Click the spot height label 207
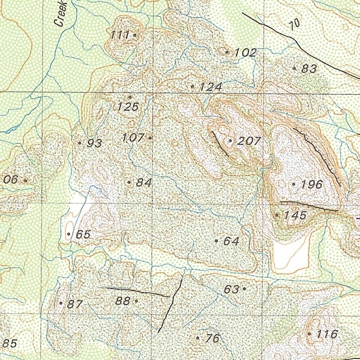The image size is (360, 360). [249, 141]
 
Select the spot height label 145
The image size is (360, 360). [295, 215]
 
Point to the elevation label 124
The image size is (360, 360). [211, 87]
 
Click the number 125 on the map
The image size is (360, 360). [128, 107]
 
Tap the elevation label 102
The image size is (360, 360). [245, 53]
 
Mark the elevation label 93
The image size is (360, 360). [94, 143]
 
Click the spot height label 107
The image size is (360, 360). [133, 138]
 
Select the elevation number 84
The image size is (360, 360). [143, 183]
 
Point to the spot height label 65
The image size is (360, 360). [83, 234]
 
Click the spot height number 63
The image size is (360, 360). [232, 289]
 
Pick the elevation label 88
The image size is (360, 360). [123, 301]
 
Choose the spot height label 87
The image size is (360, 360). [75, 304]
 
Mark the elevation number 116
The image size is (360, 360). [327, 334]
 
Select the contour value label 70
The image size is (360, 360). [295, 24]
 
